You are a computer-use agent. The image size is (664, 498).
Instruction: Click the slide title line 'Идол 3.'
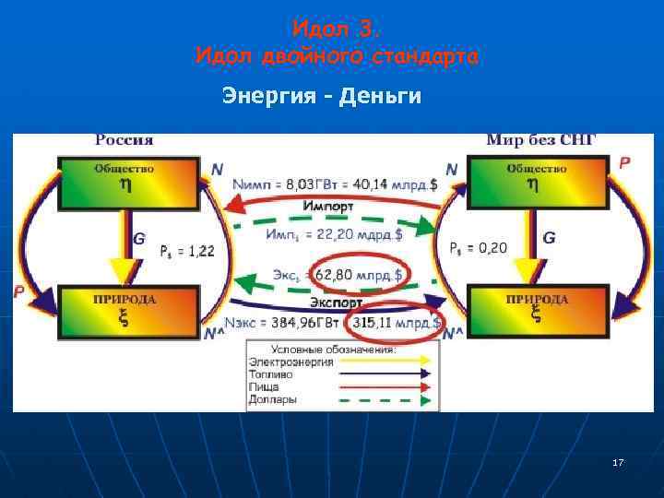[336, 30]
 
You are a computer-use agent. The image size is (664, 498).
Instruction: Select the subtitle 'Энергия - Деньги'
[322, 96]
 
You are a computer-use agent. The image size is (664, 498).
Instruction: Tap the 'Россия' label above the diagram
[125, 141]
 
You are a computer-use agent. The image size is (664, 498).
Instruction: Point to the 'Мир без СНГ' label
[541, 141]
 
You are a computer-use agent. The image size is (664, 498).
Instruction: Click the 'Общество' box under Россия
[127, 182]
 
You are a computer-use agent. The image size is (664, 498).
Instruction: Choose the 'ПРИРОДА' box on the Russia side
[126, 311]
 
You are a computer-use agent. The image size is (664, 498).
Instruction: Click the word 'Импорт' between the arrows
[330, 207]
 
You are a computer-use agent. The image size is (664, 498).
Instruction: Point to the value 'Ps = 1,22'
[188, 251]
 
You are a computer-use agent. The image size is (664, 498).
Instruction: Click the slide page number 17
[618, 461]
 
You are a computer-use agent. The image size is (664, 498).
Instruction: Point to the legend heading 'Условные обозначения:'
[332, 350]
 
